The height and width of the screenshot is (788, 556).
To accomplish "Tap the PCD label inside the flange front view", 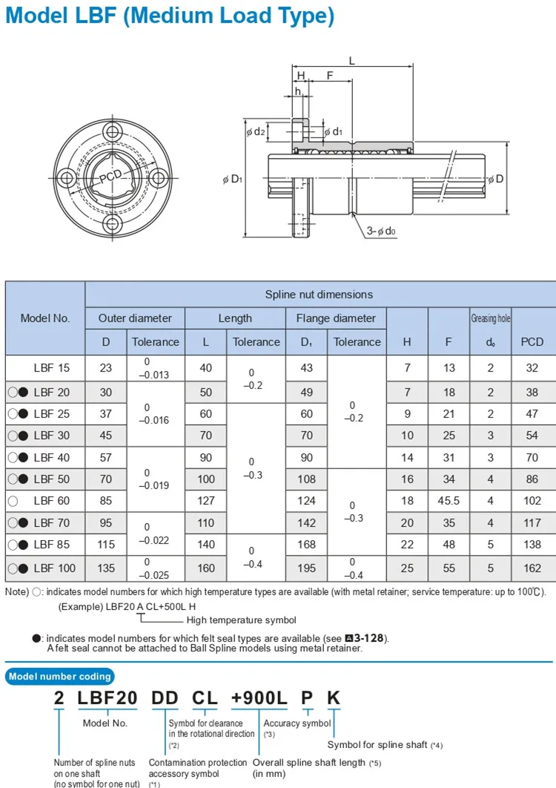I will [x=110, y=176].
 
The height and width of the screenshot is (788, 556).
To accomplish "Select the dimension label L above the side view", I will [x=351, y=62].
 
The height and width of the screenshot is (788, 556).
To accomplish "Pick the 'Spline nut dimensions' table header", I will [x=319, y=295].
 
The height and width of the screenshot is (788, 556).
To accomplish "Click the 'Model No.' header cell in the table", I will [x=45, y=318].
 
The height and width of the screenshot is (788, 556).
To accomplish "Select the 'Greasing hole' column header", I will [x=490, y=318].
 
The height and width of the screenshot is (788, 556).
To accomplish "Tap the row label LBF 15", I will [x=52, y=367].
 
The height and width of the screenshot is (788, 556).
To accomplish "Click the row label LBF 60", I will [x=52, y=501].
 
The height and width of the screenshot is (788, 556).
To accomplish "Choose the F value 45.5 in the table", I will [x=449, y=501].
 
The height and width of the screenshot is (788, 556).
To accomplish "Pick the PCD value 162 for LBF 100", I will [x=532, y=568].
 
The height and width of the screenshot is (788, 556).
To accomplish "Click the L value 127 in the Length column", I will [x=206, y=501].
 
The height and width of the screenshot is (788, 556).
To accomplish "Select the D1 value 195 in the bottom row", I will [x=306, y=568].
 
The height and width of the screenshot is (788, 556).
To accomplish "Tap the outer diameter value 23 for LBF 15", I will [x=106, y=367].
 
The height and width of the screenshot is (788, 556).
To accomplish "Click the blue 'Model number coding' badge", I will [x=60, y=676].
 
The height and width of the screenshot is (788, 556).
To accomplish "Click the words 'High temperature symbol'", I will [x=242, y=620].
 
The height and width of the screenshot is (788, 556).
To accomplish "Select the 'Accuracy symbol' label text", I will [x=297, y=723].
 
